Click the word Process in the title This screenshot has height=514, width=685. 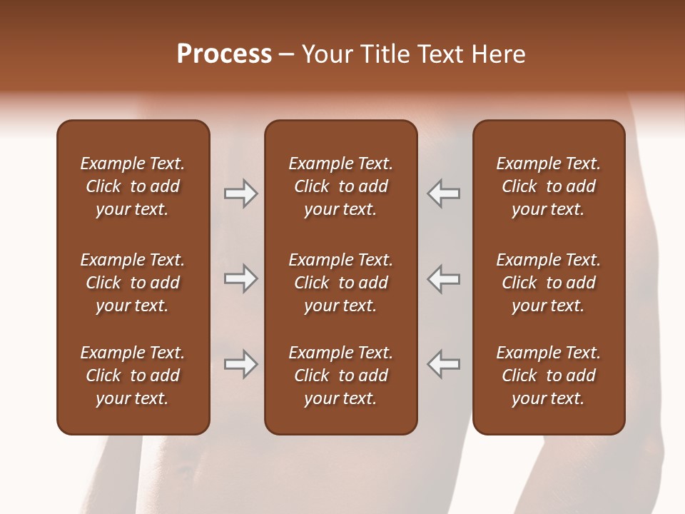(224, 54)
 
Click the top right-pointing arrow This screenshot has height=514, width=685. (241, 193)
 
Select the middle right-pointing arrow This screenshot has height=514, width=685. (241, 278)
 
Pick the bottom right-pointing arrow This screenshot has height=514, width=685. (241, 364)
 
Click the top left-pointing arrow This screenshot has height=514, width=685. (443, 193)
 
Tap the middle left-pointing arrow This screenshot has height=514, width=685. (443, 278)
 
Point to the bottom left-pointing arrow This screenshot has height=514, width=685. (443, 364)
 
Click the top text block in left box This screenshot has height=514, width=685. (133, 186)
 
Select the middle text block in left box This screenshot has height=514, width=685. (133, 283)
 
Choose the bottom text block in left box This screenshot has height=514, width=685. (133, 376)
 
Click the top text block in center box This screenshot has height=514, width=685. (340, 186)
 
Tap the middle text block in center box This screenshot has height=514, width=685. (340, 283)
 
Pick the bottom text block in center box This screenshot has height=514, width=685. (340, 376)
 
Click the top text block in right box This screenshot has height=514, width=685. (548, 186)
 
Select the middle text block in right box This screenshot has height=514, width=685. (548, 283)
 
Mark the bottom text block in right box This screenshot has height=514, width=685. (548, 376)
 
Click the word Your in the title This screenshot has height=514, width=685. (325, 54)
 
